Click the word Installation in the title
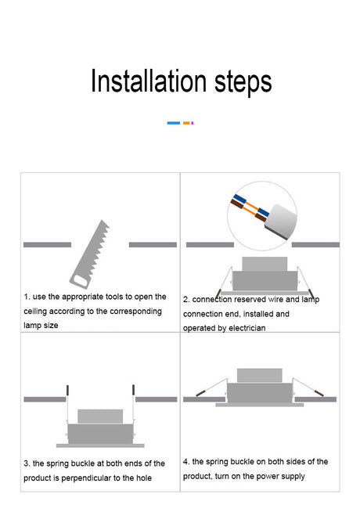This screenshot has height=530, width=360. tap(149, 81)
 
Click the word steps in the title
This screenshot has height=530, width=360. tap(243, 83)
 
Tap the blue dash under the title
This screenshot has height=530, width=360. tap(174, 123)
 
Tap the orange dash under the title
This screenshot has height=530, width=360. tap(186, 123)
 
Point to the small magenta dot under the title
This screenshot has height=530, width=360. tap(193, 123)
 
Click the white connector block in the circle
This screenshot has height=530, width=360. tap(280, 222)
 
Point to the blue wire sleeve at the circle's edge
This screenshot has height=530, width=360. tap(239, 198)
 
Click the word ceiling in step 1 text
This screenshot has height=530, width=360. tap(35, 312)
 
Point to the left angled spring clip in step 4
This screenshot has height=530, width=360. tap(211, 388)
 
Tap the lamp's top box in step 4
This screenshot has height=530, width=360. tap(260, 376)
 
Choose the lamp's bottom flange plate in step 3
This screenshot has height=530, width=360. tap(100, 445)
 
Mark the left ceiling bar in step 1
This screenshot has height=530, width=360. tap(47, 245)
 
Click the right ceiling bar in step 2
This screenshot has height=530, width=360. tap(315, 245)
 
